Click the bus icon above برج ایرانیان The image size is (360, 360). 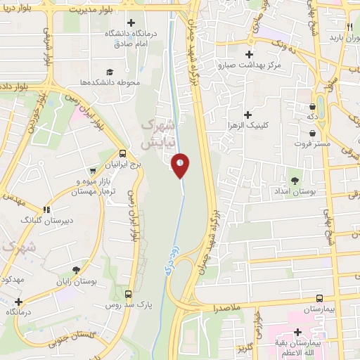(x=122, y=153)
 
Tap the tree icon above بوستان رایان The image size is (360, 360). (x=75, y=270)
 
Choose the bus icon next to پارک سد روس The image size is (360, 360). (x=128, y=294)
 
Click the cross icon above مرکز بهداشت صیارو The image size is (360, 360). (x=247, y=54)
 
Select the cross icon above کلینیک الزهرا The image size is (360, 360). (x=247, y=115)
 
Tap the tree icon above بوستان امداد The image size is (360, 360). (x=295, y=181)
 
